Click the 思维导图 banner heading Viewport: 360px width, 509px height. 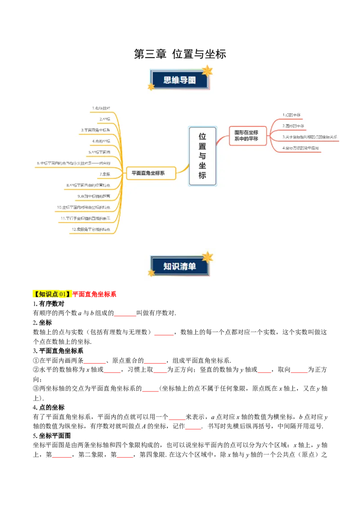(180, 80)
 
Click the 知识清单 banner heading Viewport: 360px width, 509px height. (180, 266)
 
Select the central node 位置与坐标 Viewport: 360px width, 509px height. (202, 156)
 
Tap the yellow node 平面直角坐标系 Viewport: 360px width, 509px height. (151, 173)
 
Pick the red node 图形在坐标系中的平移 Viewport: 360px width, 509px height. (247, 135)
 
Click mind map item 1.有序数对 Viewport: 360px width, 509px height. (101, 108)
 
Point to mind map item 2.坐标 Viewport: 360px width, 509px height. (104, 119)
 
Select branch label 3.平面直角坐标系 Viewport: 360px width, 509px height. (95, 130)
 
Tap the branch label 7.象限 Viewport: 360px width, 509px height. (104, 174)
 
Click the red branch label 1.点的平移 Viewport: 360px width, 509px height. (291, 115)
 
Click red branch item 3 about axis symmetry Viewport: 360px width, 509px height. (310, 137)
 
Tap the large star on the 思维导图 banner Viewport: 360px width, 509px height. (207, 71)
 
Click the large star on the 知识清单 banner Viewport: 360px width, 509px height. (207, 257)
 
